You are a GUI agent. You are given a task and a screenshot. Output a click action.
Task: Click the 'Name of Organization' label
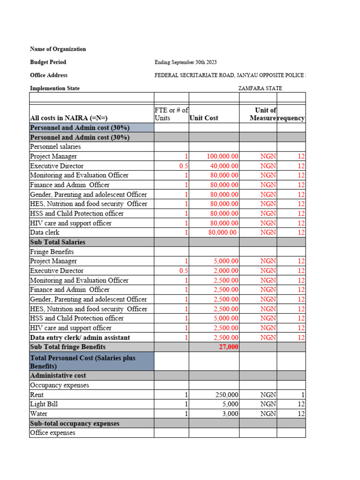(58, 49)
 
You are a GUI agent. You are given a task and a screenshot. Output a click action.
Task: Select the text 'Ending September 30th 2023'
(186, 62)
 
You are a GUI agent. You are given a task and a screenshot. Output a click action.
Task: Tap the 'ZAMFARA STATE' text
(260, 88)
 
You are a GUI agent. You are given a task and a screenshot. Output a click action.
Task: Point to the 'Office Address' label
(49, 75)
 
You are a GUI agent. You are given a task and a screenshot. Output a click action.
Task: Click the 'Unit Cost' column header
(204, 118)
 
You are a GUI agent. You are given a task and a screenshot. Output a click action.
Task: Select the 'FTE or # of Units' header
(171, 114)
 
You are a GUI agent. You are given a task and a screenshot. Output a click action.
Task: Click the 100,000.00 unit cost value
(223, 157)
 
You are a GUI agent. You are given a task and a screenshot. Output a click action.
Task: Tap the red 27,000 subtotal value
(228, 347)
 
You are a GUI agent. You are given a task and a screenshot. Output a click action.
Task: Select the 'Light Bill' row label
(44, 404)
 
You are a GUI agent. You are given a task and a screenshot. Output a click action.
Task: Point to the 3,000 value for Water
(230, 414)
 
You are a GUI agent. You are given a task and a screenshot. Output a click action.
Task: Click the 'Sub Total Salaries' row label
(58, 242)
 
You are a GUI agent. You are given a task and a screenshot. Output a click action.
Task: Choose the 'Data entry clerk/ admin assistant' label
(80, 337)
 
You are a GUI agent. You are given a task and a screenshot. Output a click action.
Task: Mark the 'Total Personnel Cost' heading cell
(82, 362)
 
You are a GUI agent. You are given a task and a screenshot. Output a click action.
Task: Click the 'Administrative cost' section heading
(58, 375)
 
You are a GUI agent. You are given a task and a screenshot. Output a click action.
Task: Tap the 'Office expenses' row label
(52, 433)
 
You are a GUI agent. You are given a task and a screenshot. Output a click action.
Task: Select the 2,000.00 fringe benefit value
(226, 271)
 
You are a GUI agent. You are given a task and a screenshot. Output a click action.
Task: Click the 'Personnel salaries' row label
(55, 147)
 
